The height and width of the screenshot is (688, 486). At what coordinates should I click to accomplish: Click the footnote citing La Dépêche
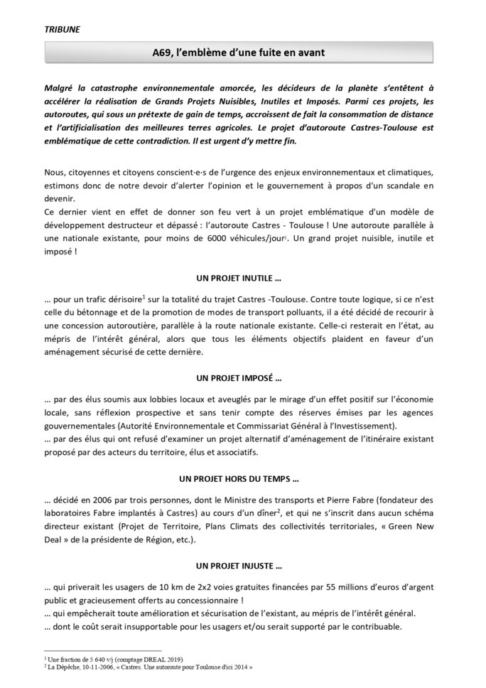(x=149, y=669)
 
